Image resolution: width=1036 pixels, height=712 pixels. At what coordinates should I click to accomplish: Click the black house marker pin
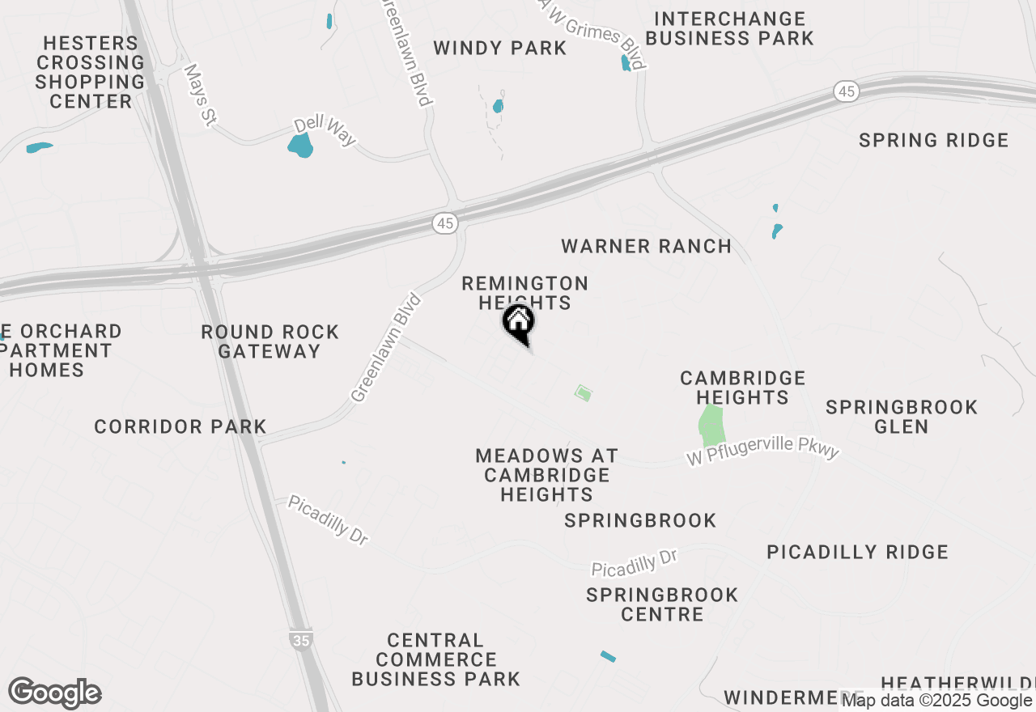[519, 323]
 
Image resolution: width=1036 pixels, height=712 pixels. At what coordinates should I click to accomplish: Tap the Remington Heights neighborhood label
[524, 293]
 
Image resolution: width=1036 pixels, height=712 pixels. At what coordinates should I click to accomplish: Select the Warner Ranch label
[646, 246]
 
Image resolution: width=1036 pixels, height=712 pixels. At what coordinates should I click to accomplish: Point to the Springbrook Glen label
[902, 416]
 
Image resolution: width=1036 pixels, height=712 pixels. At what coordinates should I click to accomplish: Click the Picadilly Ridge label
[857, 552]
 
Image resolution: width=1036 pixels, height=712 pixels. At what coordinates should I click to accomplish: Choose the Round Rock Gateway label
[270, 341]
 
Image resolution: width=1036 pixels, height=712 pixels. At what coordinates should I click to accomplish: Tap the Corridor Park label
[180, 426]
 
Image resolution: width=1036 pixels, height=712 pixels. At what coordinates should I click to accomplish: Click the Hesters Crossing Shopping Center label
[90, 72]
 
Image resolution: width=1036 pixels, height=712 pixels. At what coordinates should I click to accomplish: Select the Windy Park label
[499, 49]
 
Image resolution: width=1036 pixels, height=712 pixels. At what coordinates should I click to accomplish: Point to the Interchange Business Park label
[729, 28]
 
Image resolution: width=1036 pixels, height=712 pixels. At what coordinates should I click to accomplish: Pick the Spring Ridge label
[933, 141]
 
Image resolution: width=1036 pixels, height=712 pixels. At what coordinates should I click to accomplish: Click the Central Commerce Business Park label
[435, 659]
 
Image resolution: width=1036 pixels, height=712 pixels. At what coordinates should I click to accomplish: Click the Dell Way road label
[325, 132]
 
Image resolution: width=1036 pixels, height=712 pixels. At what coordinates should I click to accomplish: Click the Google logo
[55, 693]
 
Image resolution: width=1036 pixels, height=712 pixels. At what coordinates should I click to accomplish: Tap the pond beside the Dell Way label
[300, 146]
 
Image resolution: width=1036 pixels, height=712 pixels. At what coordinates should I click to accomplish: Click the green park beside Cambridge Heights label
[710, 425]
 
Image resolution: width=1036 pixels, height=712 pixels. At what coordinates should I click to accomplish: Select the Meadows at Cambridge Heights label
[546, 475]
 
